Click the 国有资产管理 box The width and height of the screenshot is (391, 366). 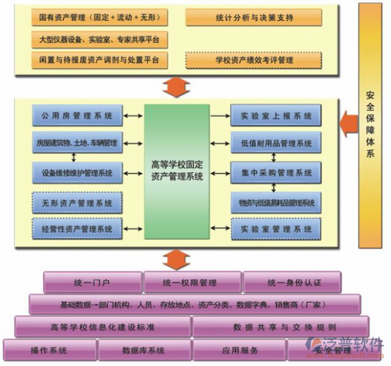pos(99,17)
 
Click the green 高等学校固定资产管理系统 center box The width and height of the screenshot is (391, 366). pos(177,170)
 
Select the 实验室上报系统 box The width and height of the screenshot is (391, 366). pos(276,116)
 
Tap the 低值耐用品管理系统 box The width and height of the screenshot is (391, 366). pos(276,143)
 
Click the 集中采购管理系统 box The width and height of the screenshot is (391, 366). pos(276,173)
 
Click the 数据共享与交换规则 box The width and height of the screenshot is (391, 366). pos(280,327)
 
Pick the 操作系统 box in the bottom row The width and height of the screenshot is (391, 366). pos(49,350)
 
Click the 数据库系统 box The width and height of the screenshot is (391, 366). pos(143,350)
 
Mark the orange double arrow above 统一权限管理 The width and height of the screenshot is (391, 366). pos(174,259)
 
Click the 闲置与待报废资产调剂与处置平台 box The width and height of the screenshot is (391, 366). pos(99,60)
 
